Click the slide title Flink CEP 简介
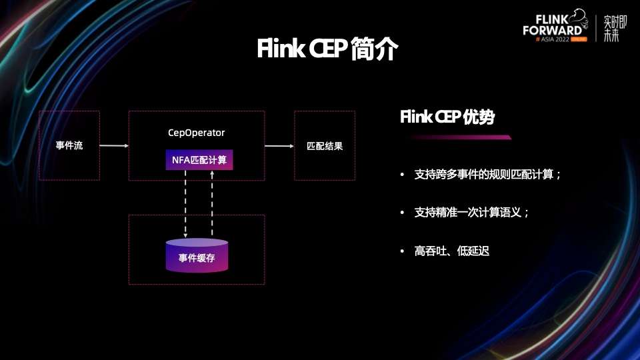[x=327, y=49]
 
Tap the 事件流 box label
[x=69, y=145]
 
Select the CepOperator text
[x=196, y=133]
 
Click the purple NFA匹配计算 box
[x=199, y=160]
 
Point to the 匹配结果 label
[x=325, y=146]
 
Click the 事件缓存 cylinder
[x=197, y=257]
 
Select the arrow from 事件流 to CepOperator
[x=114, y=145]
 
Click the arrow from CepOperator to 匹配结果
[x=279, y=145]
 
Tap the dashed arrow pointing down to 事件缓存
[x=185, y=203]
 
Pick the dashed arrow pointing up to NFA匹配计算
[x=212, y=203]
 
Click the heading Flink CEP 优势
[x=447, y=117]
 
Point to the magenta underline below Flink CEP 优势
[x=460, y=137]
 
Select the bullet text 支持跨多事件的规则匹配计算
[x=487, y=175]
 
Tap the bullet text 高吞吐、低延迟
[x=451, y=251]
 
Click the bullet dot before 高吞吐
[x=402, y=251]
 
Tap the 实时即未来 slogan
[x=611, y=28]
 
